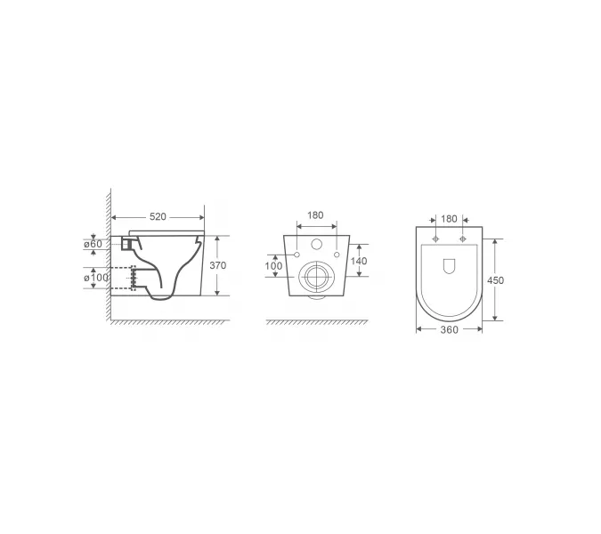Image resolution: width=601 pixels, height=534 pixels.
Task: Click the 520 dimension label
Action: click(x=158, y=217)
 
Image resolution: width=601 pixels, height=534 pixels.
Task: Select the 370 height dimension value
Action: click(x=218, y=265)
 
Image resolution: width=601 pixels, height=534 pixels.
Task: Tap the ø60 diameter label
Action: click(x=93, y=244)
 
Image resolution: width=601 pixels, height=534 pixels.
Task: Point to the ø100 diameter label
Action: click(x=96, y=277)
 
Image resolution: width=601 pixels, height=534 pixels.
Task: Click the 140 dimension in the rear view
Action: click(x=359, y=261)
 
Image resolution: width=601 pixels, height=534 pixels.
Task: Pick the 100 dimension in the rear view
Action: click(x=273, y=265)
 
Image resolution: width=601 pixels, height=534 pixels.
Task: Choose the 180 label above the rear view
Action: click(x=315, y=215)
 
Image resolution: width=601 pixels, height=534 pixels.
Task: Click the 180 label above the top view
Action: click(x=449, y=219)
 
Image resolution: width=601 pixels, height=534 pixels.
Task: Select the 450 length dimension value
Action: click(x=495, y=280)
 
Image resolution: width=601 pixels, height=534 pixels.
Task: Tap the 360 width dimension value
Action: click(x=450, y=329)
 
